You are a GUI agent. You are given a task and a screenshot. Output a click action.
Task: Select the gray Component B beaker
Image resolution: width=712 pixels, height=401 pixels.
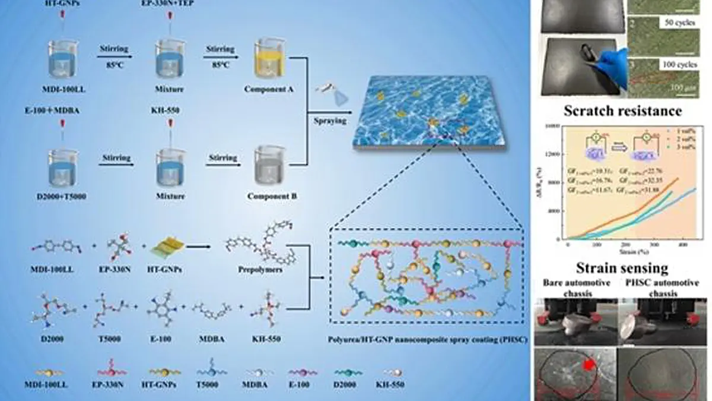coord(266,162)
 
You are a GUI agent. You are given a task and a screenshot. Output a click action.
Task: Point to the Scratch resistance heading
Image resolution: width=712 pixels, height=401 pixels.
coord(622,110)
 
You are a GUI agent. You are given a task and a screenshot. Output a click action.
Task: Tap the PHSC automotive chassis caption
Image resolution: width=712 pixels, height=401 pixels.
coord(658,288)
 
